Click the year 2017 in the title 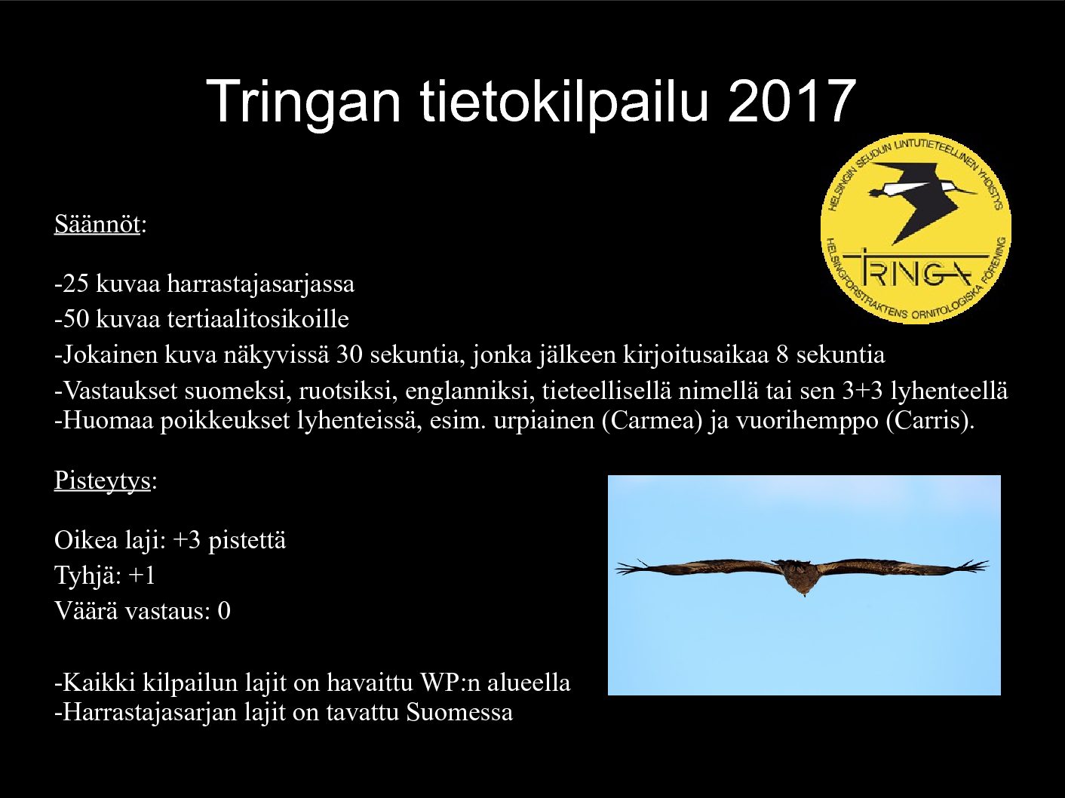791,102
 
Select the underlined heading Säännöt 97,224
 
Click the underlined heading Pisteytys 103,480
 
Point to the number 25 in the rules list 75,284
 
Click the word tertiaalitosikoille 258,319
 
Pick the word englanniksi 466,391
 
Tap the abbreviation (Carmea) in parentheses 652,421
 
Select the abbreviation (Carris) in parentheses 928,421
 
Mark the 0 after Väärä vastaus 224,611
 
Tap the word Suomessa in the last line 459,712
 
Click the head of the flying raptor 804,588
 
